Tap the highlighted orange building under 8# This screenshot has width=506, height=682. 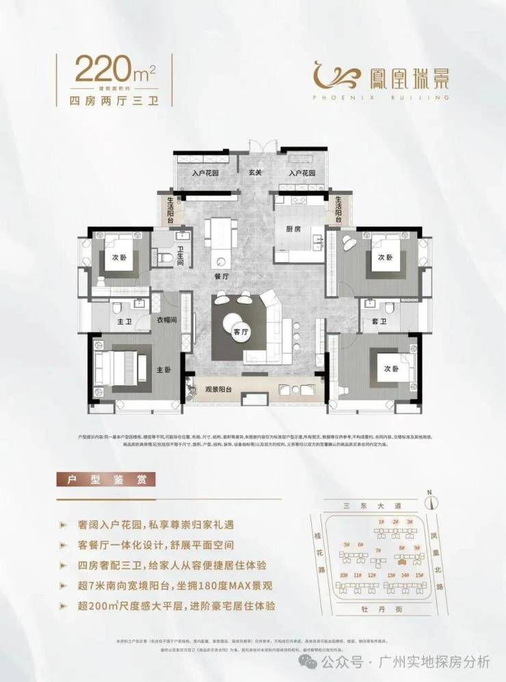401,556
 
